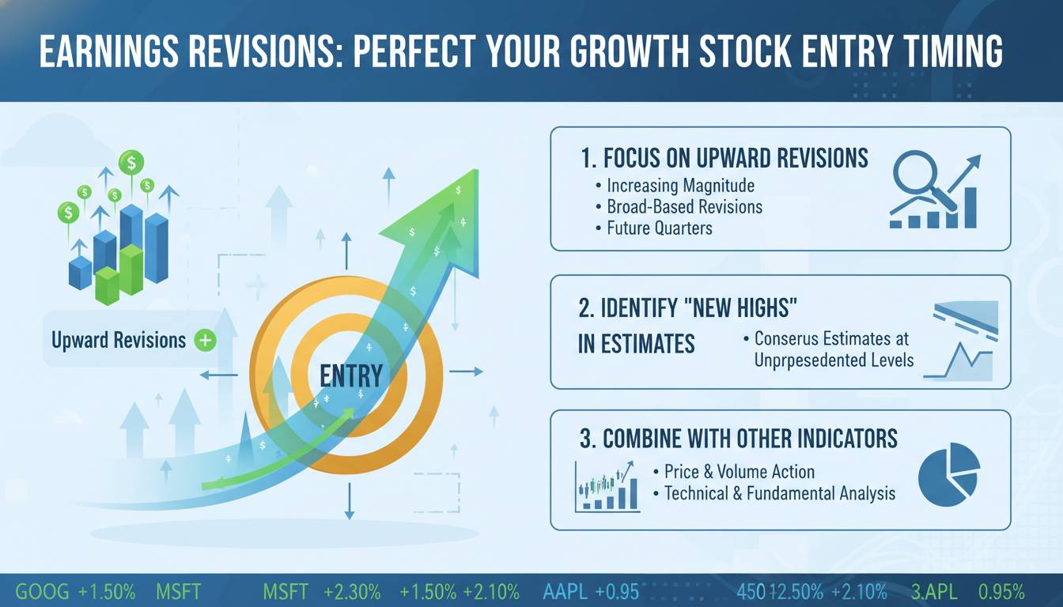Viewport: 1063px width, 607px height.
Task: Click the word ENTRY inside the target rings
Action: (351, 376)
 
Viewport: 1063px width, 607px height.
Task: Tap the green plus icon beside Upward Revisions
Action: (206, 341)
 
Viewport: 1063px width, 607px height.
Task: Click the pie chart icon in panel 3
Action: (949, 474)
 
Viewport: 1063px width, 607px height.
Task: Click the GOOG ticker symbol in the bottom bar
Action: (42, 592)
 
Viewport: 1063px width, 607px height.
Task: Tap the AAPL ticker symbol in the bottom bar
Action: (565, 592)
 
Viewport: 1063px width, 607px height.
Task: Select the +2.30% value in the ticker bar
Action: (352, 592)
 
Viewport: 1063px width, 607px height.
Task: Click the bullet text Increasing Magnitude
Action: (680, 186)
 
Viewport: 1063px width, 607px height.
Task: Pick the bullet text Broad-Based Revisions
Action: (684, 207)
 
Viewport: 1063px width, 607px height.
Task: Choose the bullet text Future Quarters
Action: (660, 228)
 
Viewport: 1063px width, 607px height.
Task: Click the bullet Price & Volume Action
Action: (740, 472)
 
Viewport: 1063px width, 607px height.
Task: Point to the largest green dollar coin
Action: (131, 163)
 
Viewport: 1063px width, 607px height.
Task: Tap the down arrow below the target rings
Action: (350, 501)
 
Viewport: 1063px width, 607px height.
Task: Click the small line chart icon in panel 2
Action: (959, 361)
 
